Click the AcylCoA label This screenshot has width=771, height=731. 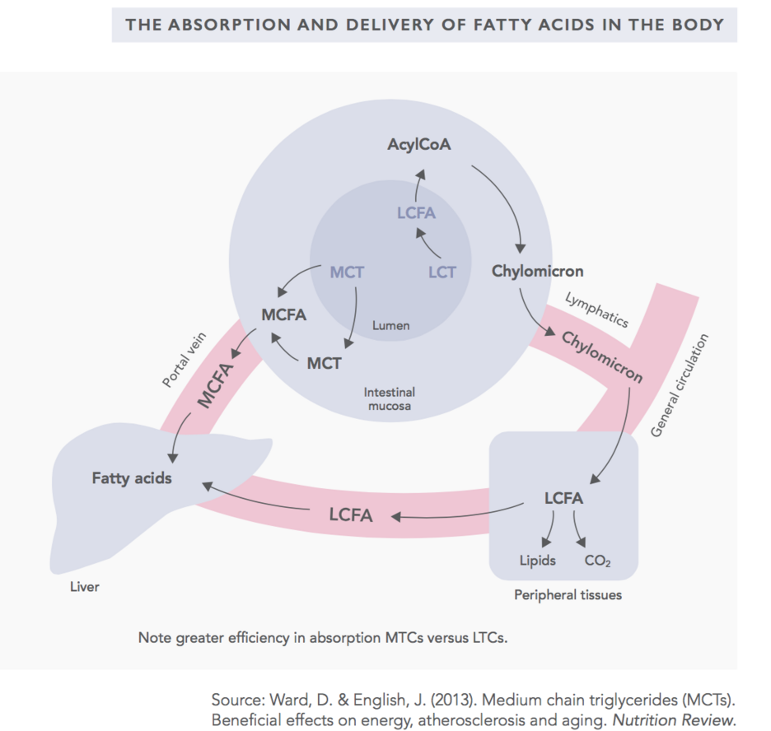[419, 144]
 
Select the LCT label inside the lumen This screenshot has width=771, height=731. [442, 272]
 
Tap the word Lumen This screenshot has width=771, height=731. [391, 326]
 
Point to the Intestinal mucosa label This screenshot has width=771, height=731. [390, 399]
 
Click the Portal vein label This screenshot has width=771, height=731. [185, 360]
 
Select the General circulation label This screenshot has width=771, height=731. [680, 385]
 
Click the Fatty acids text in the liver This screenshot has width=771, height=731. [132, 478]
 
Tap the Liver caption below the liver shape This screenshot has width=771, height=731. [85, 587]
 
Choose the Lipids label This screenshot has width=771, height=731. [537, 561]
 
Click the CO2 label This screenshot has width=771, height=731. [597, 561]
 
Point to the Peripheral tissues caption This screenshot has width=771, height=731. [568, 595]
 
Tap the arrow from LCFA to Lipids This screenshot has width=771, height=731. [550, 528]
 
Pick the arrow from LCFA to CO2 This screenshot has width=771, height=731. [577, 528]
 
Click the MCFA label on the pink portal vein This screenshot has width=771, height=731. [215, 385]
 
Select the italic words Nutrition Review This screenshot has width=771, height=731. [674, 720]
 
